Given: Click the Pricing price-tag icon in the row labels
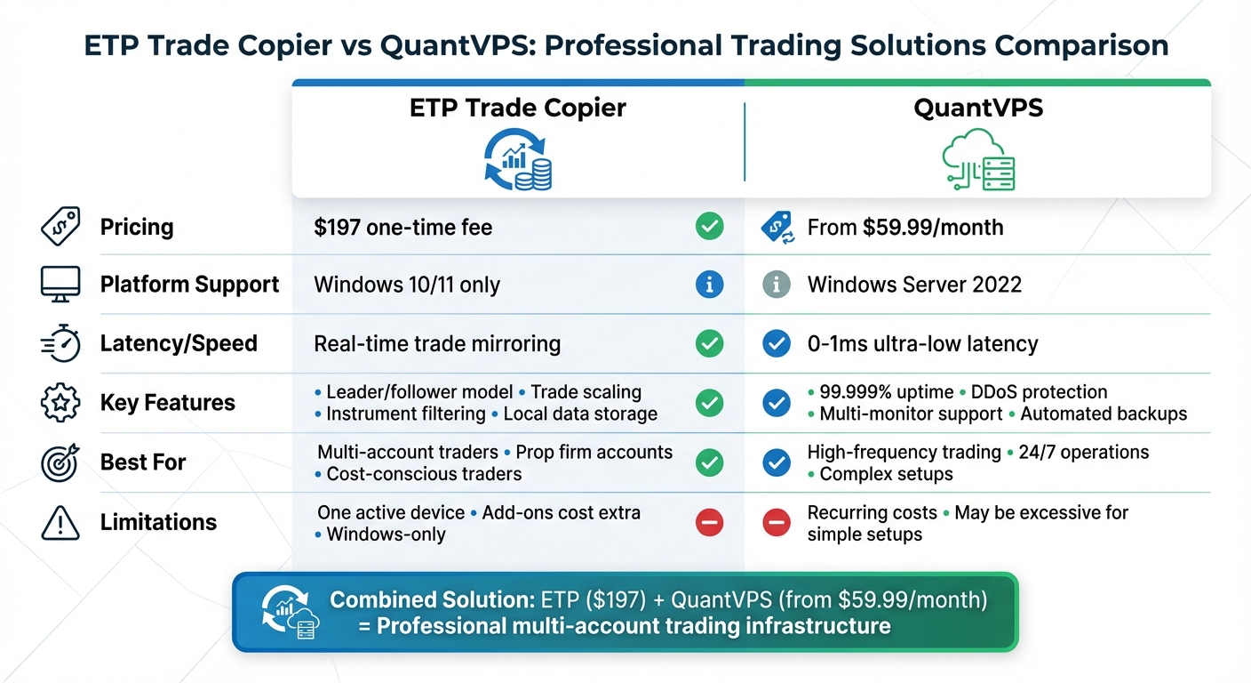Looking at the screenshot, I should coord(60,227).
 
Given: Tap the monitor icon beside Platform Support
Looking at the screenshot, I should coord(60,285).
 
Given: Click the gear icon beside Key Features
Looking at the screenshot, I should coord(60,403).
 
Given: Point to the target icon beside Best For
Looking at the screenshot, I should coord(60,462).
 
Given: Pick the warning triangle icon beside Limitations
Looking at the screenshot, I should coord(60,522).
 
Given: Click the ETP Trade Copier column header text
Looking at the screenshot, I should coord(517,108).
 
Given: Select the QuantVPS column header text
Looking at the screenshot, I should coord(978,108).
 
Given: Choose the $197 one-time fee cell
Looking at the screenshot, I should coord(402,228).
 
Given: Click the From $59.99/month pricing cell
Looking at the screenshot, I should coord(904,228).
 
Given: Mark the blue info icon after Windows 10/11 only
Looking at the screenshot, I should coord(709,285).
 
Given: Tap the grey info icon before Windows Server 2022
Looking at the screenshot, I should coord(777,285).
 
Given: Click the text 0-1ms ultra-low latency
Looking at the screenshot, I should coord(922,344).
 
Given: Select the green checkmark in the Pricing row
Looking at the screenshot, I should coord(709,227).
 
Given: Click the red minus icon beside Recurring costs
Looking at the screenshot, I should coord(777,522).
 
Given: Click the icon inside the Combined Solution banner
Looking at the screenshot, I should coord(284,612).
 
